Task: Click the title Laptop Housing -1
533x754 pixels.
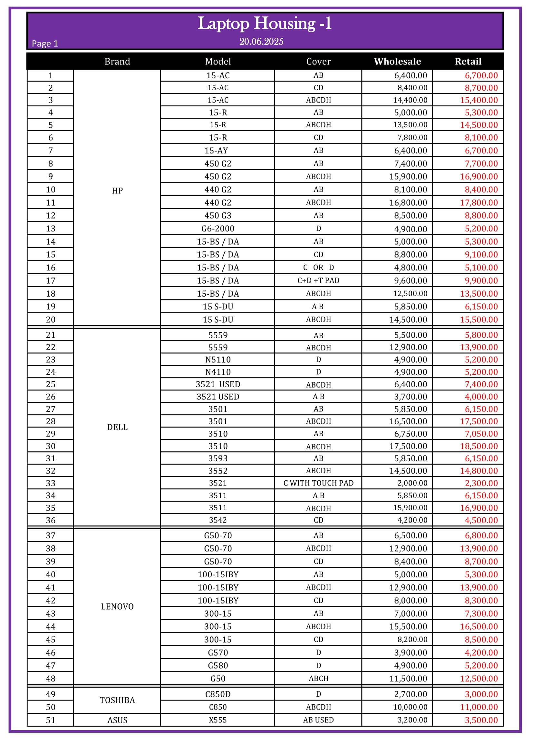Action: point(265,24)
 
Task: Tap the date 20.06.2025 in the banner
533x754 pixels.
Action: point(261,42)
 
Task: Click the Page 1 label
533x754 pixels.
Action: point(45,44)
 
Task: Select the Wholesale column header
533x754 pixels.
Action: point(397,62)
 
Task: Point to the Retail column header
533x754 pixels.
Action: point(468,62)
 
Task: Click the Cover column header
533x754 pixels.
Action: point(318,62)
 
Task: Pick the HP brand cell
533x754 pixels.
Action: point(117,191)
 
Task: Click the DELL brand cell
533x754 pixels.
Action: point(117,427)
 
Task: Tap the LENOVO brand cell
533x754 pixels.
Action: point(117,607)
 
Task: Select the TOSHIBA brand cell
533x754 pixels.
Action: point(117,700)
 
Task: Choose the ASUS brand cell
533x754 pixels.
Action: point(117,720)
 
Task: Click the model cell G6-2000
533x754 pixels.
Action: point(218,229)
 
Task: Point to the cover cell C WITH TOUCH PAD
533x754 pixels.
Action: point(318,483)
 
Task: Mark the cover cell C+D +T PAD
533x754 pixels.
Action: point(318,280)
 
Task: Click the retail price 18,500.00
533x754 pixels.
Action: point(479,446)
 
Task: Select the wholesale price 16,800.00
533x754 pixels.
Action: point(408,203)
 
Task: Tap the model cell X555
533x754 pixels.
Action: point(218,720)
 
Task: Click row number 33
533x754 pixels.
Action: point(51,483)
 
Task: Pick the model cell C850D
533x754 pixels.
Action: point(218,694)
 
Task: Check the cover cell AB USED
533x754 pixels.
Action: point(318,720)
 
